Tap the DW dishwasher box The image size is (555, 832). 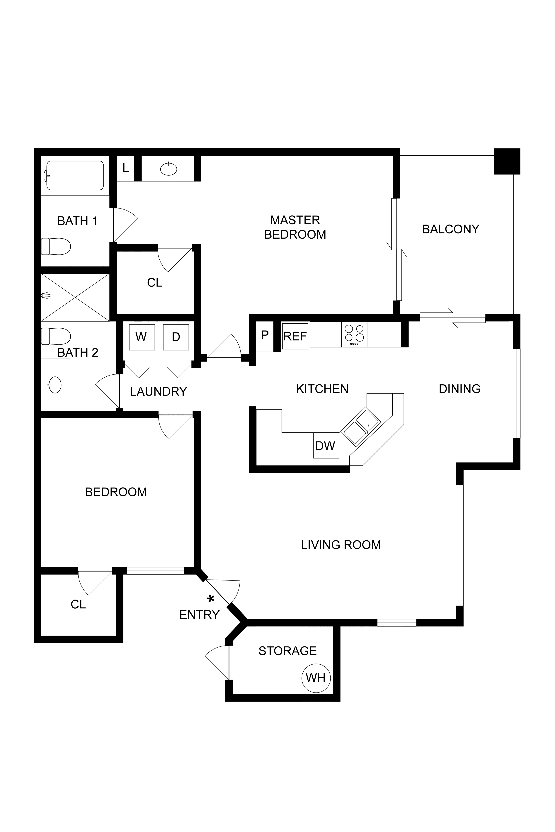[326, 445]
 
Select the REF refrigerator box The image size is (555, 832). [295, 336]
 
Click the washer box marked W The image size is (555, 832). [142, 337]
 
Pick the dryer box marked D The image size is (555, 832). [176, 337]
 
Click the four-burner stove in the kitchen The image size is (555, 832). [354, 334]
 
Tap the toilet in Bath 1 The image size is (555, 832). [56, 246]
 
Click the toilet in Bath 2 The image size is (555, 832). [56, 336]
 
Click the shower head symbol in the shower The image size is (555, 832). [45, 295]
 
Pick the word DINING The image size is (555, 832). [460, 389]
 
